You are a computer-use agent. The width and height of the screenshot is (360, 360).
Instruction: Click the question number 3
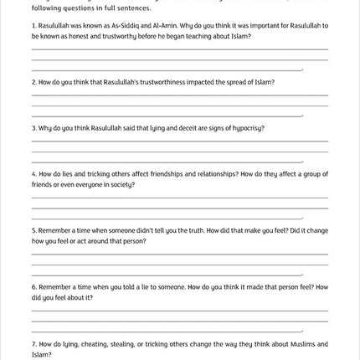[33, 129]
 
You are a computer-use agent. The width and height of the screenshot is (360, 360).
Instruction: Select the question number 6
[33, 287]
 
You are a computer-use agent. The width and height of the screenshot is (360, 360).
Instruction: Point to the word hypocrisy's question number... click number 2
[33, 83]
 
